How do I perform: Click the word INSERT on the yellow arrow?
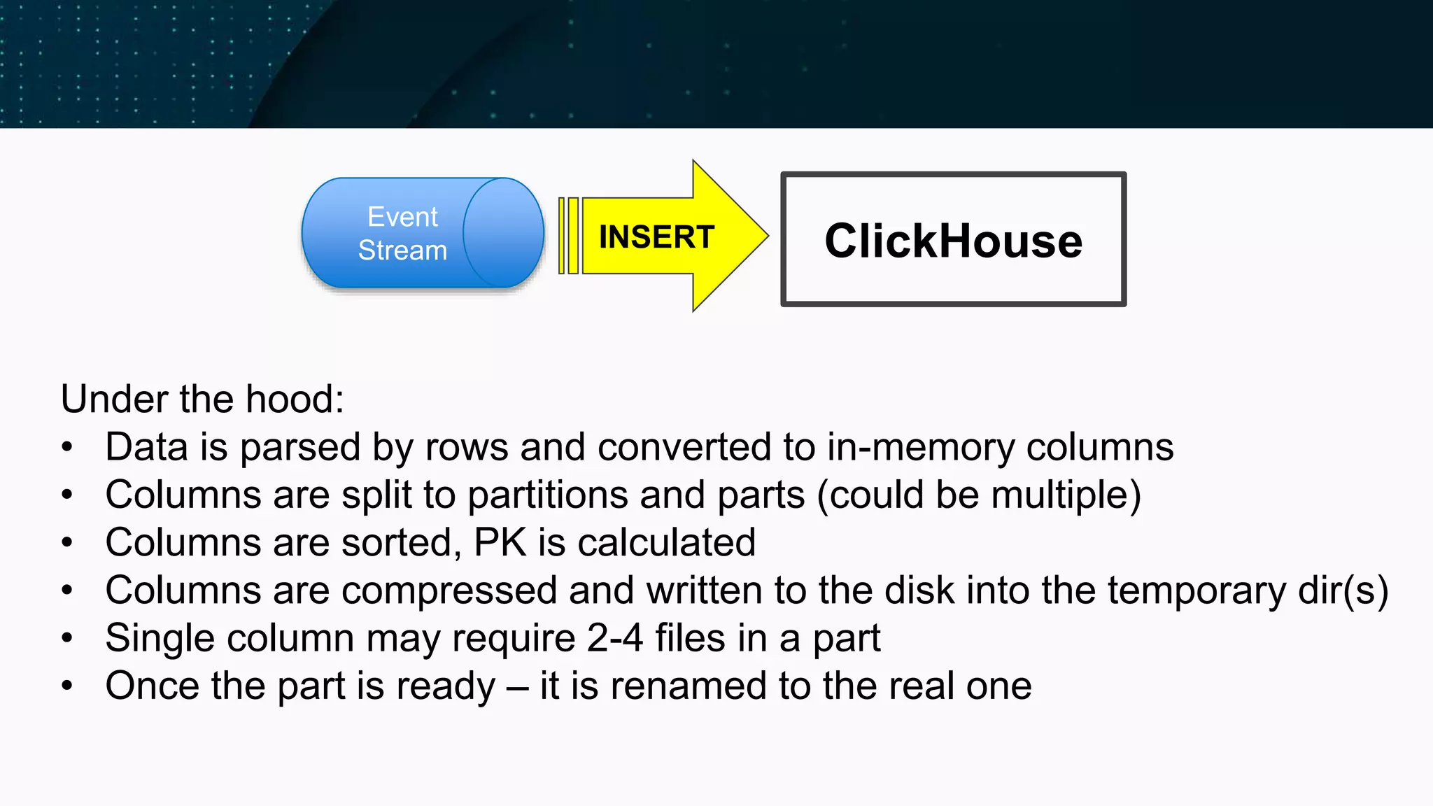pyautogui.click(x=656, y=237)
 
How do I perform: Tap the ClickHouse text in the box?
pyautogui.click(x=953, y=241)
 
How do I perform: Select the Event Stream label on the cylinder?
pyautogui.click(x=402, y=234)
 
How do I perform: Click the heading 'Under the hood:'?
pyautogui.click(x=202, y=400)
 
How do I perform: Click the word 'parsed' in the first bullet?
pyautogui.click(x=301, y=448)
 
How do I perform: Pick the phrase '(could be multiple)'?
pyautogui.click(x=979, y=495)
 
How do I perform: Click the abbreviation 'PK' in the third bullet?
pyautogui.click(x=500, y=543)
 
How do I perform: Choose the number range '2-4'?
pyautogui.click(x=614, y=638)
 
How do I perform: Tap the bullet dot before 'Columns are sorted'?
pyautogui.click(x=67, y=543)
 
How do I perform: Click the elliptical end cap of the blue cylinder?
pyautogui.click(x=503, y=233)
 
